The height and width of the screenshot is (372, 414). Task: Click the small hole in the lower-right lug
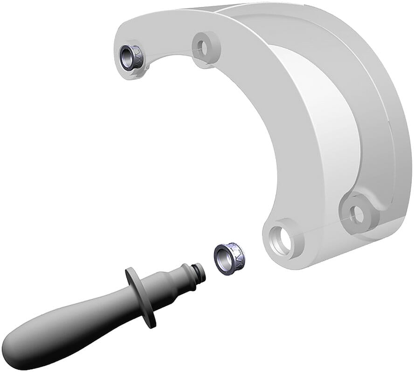click(x=358, y=214)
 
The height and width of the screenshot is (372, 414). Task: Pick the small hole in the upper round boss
click(x=203, y=45)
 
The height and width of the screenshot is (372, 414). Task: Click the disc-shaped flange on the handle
click(x=140, y=296)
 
